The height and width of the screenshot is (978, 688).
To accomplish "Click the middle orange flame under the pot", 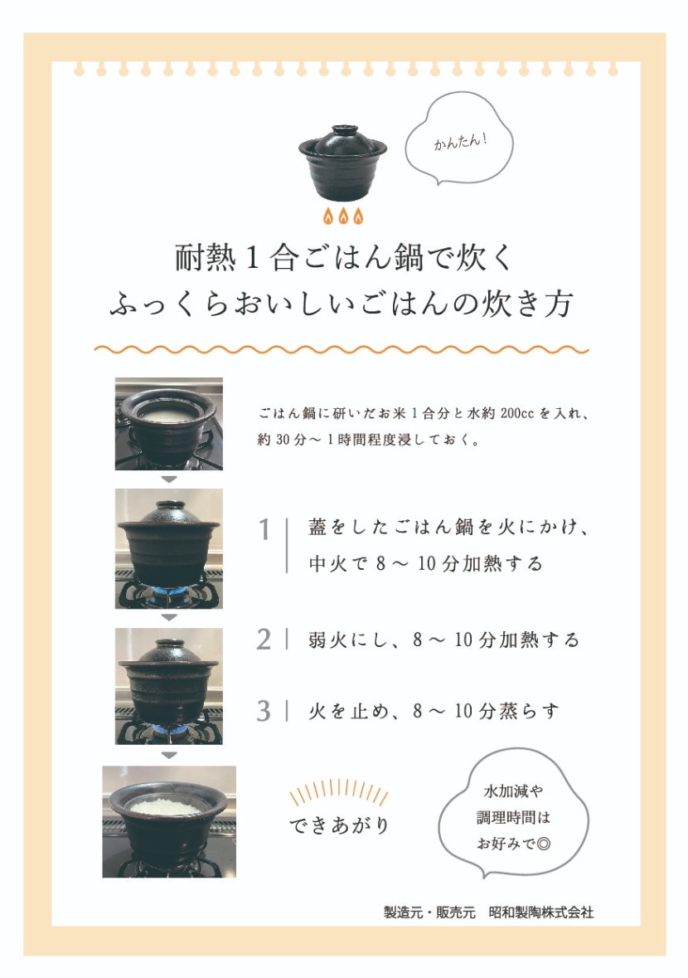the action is point(342,215).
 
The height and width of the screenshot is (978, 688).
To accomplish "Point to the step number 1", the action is point(264,530).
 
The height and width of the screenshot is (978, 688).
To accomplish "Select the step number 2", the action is point(264,640).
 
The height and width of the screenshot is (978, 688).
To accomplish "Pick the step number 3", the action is point(264,711).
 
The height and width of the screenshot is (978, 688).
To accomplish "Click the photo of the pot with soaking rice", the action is point(169,424).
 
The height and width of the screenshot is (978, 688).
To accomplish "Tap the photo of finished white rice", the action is point(169,821).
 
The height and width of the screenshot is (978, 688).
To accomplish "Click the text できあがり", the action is point(339,825).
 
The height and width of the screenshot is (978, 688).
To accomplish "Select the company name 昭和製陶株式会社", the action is point(541,912).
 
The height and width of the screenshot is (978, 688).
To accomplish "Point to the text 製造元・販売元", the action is point(429,912).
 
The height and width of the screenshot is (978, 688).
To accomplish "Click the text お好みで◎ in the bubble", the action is point(514,844).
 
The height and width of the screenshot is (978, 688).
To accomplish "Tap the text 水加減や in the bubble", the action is point(513,791).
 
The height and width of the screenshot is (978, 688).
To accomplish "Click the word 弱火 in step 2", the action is point(327,640).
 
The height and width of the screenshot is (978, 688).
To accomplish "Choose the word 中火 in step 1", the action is point(327,564).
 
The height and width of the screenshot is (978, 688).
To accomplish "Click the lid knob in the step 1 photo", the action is point(168,505).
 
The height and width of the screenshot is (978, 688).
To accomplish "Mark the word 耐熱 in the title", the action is point(206,258).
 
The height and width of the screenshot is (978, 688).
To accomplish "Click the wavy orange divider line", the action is point(342,350).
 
